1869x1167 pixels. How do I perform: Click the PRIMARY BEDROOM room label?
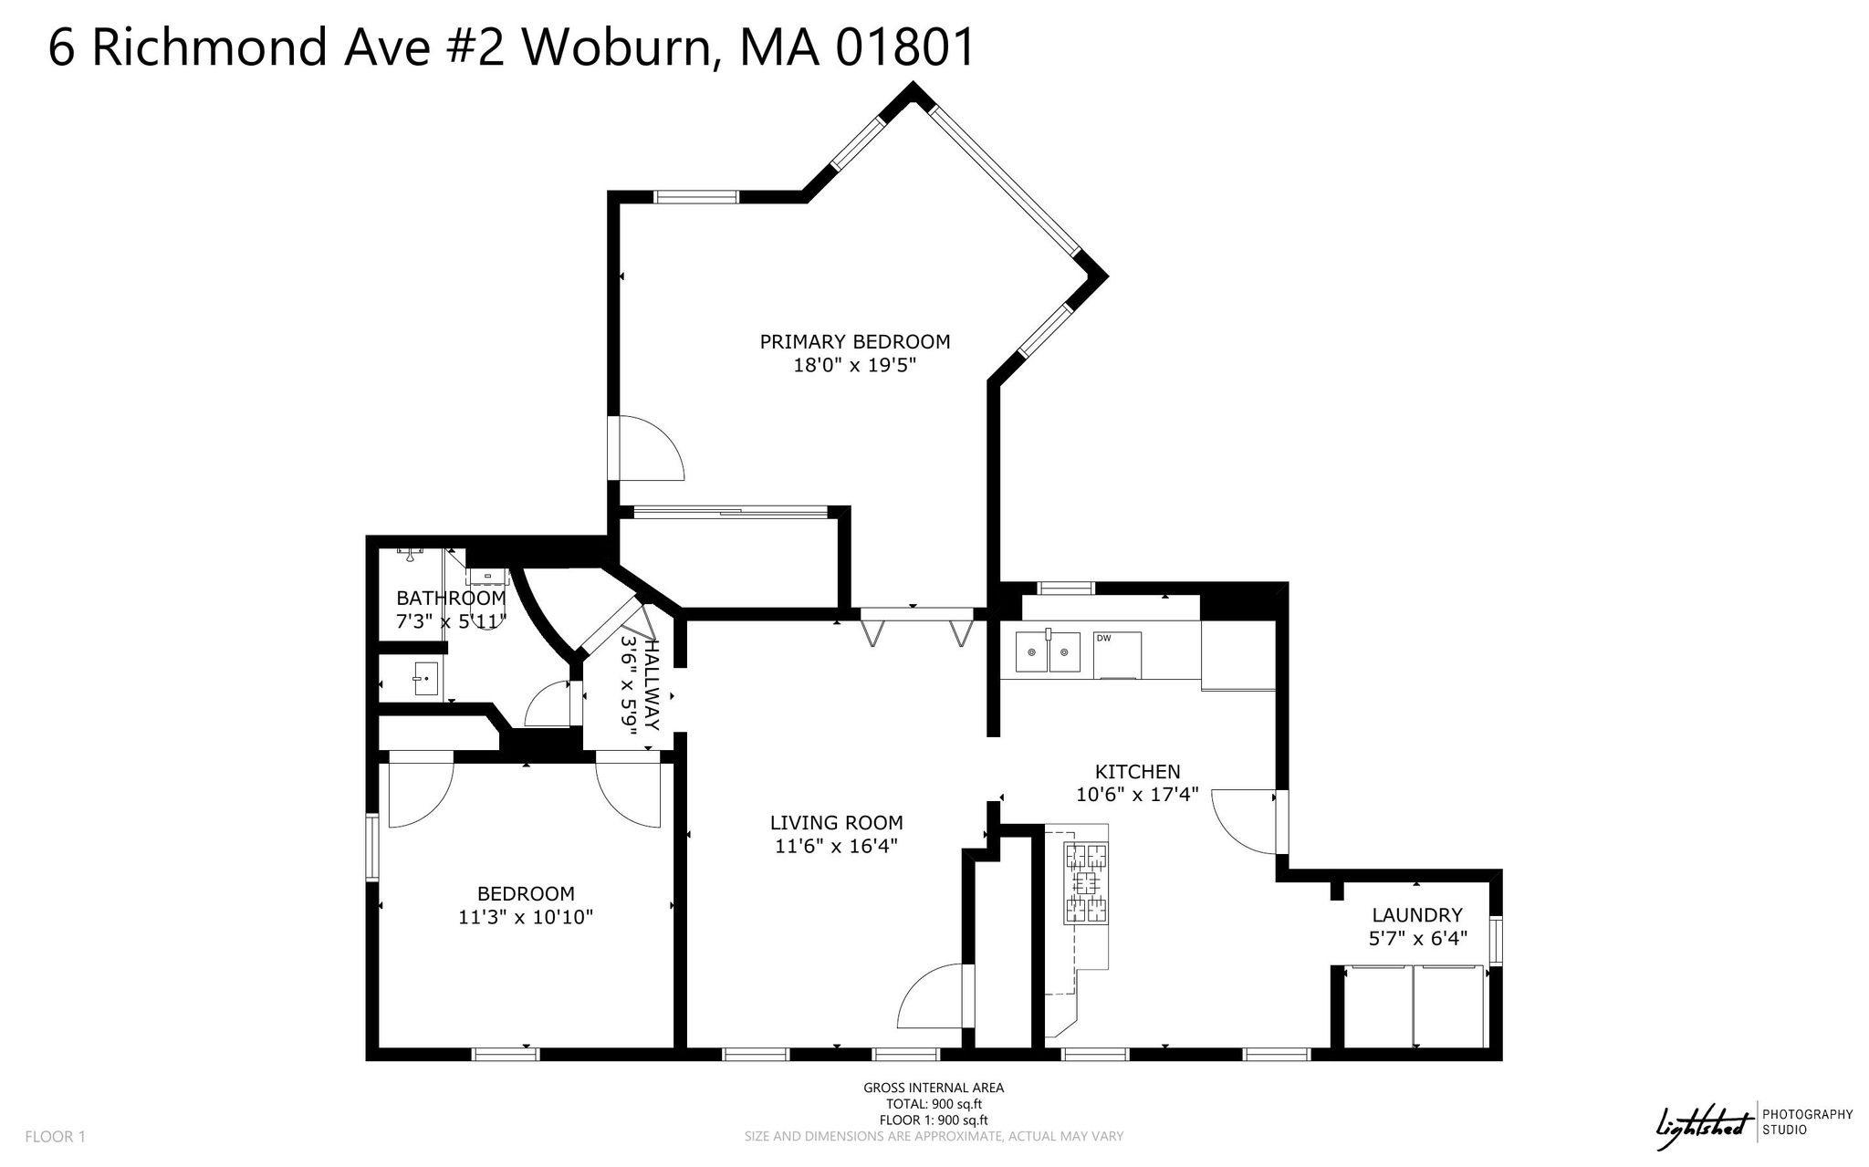855,342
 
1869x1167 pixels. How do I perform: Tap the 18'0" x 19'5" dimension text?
855,366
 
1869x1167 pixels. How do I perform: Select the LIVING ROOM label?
837,822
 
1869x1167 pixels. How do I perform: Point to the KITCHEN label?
1138,772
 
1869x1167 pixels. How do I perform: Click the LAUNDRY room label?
1417,915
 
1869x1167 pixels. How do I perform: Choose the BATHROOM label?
451,599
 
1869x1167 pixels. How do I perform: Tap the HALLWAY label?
652,683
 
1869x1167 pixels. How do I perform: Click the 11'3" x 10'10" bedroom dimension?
527,917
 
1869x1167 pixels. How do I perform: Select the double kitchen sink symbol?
1048,653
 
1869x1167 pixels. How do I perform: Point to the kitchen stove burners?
1086,883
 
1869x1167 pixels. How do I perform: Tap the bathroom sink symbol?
426,679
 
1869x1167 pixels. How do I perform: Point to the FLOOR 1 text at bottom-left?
55,1137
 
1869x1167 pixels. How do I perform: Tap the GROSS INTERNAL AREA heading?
934,1088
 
